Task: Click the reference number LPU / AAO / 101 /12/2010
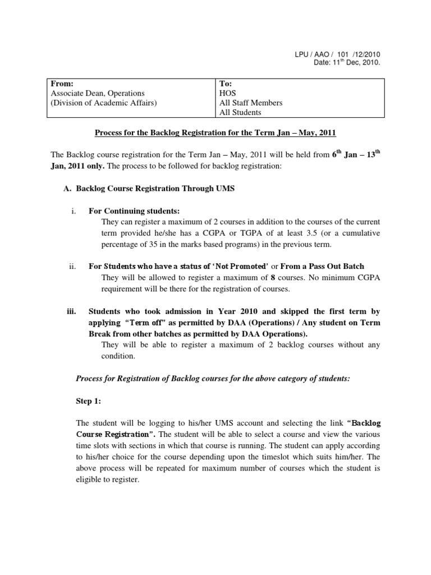click(340, 54)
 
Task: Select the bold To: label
click(226, 84)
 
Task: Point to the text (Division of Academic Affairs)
click(104, 103)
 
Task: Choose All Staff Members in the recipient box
click(251, 103)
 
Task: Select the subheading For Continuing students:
click(134, 211)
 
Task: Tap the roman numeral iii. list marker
click(71, 312)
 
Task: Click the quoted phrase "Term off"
click(146, 323)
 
